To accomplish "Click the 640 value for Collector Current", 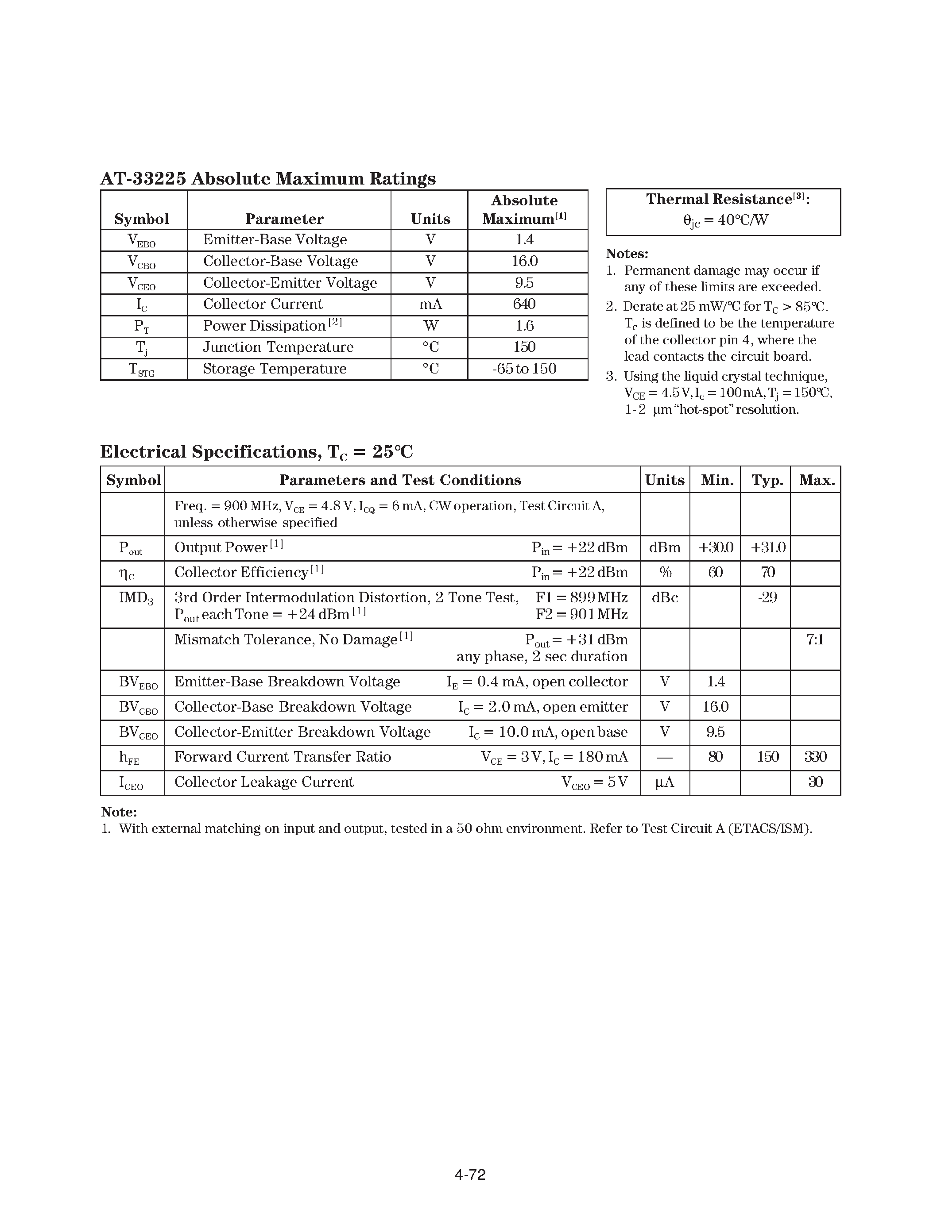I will pyautogui.click(x=524, y=304).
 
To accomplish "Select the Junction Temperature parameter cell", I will pyautogui.click(x=278, y=347).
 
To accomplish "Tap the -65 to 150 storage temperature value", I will pyautogui.click(x=524, y=369).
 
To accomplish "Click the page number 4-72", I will pyautogui.click(x=470, y=1175).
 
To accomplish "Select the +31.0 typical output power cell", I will pyautogui.click(x=767, y=548).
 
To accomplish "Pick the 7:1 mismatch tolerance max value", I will pyautogui.click(x=815, y=640).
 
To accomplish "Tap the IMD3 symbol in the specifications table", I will pyautogui.click(x=136, y=598).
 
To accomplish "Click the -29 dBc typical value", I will pyautogui.click(x=767, y=598).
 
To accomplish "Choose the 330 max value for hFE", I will pyautogui.click(x=815, y=757).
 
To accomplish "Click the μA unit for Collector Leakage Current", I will pyautogui.click(x=665, y=782).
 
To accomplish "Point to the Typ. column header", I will pyautogui.click(x=767, y=480).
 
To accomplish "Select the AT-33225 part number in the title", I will pyautogui.click(x=143, y=179).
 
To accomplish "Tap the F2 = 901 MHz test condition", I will pyautogui.click(x=581, y=615).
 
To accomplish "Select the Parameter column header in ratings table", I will pyautogui.click(x=284, y=219).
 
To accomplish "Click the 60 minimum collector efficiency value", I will pyautogui.click(x=715, y=573).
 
